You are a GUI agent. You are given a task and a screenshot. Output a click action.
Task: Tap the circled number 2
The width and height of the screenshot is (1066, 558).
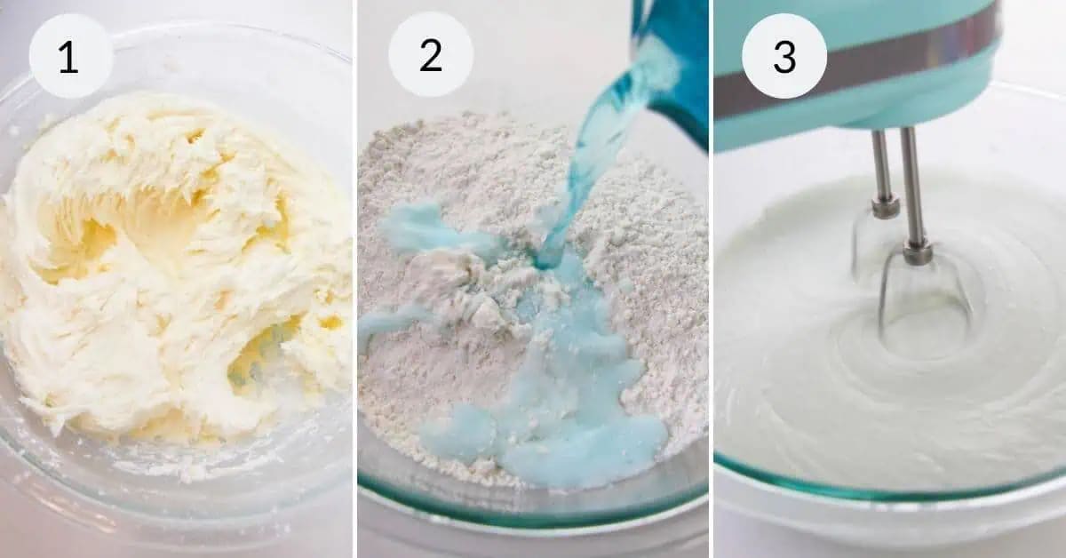[x=431, y=55]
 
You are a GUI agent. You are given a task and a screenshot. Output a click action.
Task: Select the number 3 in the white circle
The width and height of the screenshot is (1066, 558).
[x=784, y=55]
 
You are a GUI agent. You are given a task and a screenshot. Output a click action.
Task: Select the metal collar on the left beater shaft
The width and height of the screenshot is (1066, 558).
[x=885, y=208]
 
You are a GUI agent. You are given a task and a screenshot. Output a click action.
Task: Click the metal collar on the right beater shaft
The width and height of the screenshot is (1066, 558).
[x=918, y=252]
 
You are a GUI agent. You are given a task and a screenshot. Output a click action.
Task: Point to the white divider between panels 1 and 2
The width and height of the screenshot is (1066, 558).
[x=354, y=279]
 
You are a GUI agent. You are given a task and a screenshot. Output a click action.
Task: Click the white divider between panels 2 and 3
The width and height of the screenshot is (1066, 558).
[x=712, y=279]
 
